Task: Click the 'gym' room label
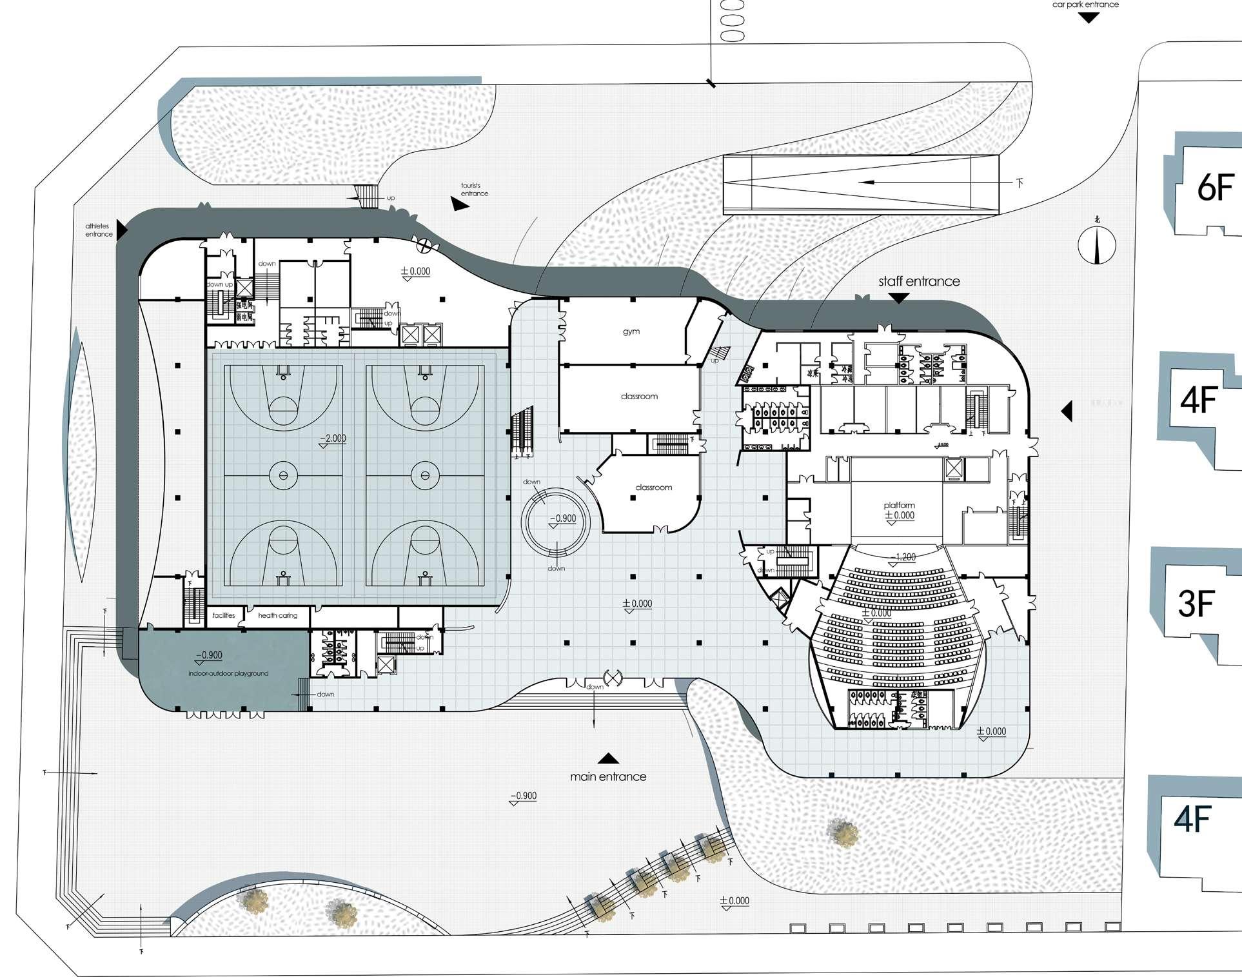[x=631, y=331]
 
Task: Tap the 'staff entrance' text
[x=919, y=281]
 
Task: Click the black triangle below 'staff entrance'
[x=899, y=298]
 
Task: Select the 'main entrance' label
[x=608, y=776]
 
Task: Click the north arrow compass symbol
[x=1097, y=244]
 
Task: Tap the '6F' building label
[x=1215, y=188]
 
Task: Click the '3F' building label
[x=1196, y=604]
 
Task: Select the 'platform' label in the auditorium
[x=899, y=505]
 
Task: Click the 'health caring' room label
[x=277, y=615]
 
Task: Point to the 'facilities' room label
[x=224, y=615]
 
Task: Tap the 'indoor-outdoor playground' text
[x=228, y=673]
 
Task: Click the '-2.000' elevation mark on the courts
[x=333, y=439]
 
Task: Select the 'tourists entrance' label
[x=474, y=190]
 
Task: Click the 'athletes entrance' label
[x=98, y=230]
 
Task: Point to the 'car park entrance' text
[x=1085, y=5]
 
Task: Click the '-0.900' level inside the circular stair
[x=562, y=518]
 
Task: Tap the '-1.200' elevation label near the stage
[x=902, y=557]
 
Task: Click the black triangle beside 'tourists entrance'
[x=459, y=204]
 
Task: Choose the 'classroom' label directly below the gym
[x=639, y=396]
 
